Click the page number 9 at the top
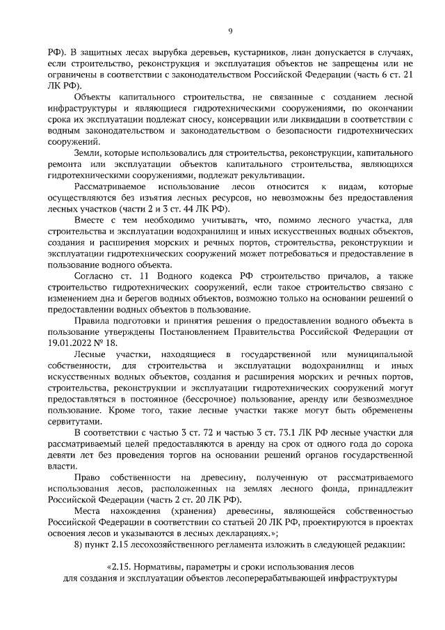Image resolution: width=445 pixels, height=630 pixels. coord(229,31)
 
